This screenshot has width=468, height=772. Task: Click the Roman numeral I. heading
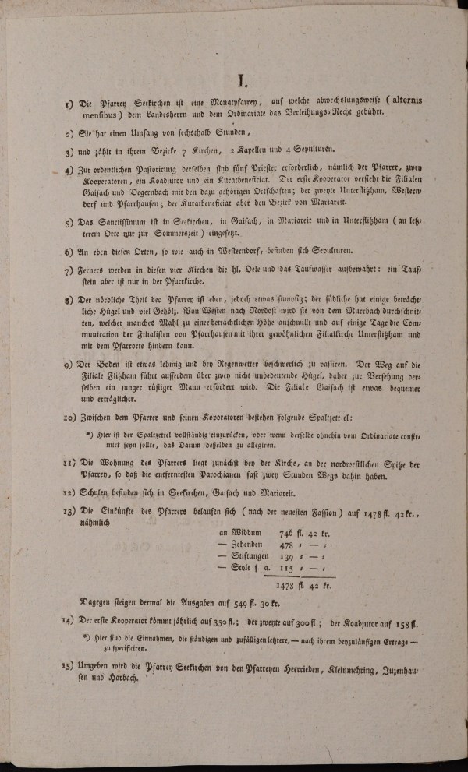pos(243,79)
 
